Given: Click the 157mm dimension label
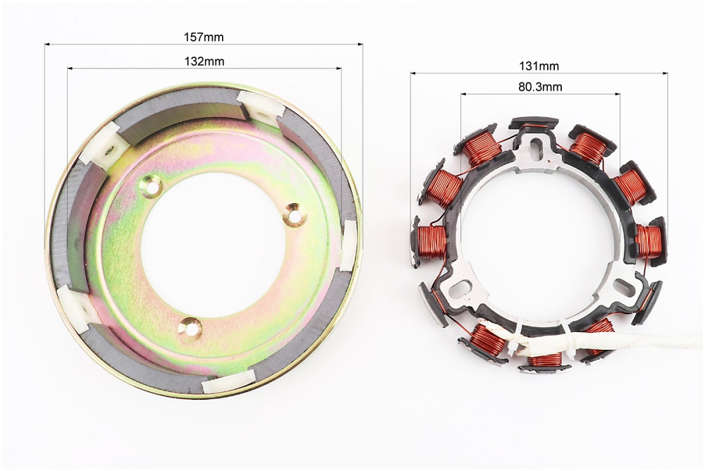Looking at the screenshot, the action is (203, 37).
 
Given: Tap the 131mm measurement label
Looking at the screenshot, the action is (539, 66).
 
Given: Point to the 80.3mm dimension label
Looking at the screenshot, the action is (540, 86).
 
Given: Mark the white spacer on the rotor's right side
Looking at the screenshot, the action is (348, 245).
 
